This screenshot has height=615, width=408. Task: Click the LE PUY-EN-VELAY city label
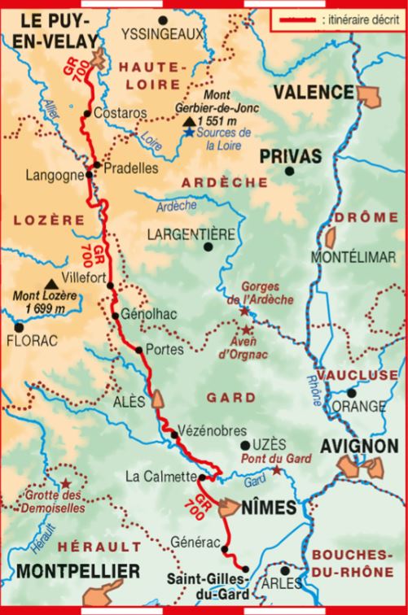pos(48,30)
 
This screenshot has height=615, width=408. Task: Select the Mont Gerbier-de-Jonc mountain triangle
pos(189,120)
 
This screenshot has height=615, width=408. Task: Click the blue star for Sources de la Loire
pos(190,133)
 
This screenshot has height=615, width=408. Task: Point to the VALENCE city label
pos(313,92)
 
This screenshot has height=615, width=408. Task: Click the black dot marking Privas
pos(289,171)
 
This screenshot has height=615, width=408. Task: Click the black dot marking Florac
pos(17,327)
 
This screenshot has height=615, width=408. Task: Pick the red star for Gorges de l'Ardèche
pos(243,311)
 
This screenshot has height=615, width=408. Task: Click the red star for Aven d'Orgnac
pos(247,329)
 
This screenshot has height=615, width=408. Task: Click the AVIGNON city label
pos(360,447)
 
